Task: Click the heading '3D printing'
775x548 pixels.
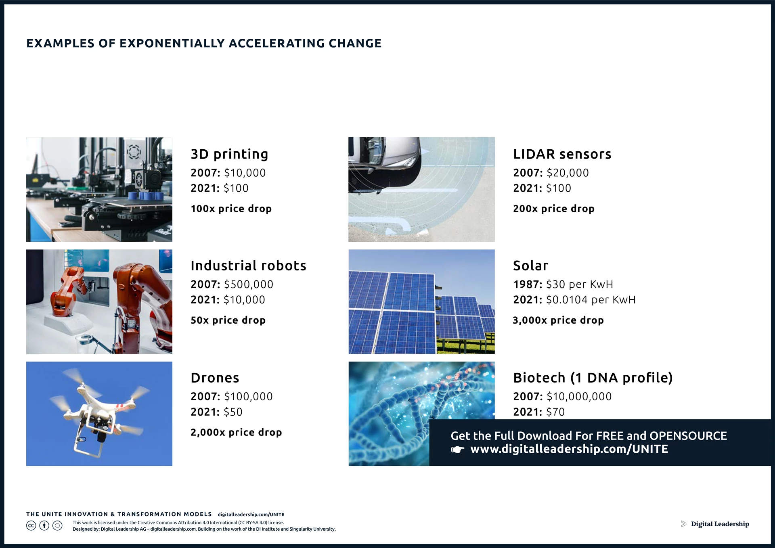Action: pyautogui.click(x=229, y=154)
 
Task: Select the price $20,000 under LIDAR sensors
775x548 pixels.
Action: pyautogui.click(x=567, y=173)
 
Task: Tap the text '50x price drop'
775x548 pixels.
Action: pyautogui.click(x=228, y=320)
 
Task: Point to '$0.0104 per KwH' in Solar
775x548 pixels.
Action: pyautogui.click(x=591, y=300)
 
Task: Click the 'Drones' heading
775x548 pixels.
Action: pyautogui.click(x=215, y=378)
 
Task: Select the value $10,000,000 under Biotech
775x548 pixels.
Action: pyautogui.click(x=579, y=397)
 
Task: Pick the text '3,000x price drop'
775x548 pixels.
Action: pyautogui.click(x=558, y=320)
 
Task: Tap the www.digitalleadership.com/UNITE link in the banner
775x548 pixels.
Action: pyautogui.click(x=569, y=449)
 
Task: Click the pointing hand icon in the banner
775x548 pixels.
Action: pyautogui.click(x=457, y=450)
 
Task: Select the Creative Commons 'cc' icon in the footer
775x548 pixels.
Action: pyautogui.click(x=31, y=525)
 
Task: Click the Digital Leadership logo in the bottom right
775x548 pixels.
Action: pyautogui.click(x=715, y=524)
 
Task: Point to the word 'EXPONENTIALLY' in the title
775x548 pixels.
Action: pyautogui.click(x=172, y=43)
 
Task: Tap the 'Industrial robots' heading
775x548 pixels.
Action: pyautogui.click(x=248, y=266)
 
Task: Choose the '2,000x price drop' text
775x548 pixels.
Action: pyautogui.click(x=236, y=433)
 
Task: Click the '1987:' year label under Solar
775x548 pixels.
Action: pyautogui.click(x=528, y=284)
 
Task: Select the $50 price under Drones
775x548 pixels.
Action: pyautogui.click(x=233, y=412)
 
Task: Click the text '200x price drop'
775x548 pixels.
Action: pyautogui.click(x=553, y=209)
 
